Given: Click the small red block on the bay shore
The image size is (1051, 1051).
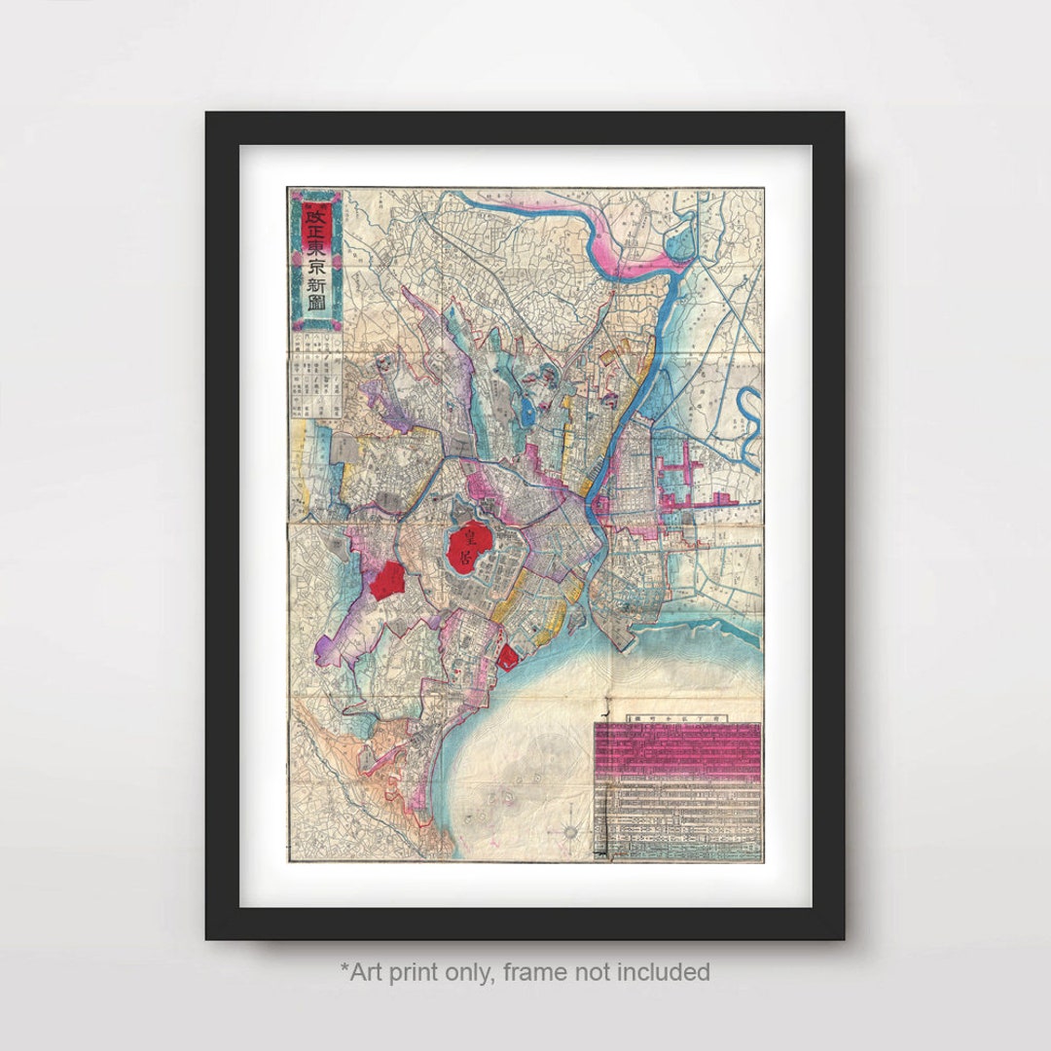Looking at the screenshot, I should [507, 657].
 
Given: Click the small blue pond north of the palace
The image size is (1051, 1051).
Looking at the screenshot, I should [528, 413].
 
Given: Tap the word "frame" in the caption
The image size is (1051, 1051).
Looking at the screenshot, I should [549, 971].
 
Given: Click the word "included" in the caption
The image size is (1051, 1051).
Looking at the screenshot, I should [668, 971].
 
